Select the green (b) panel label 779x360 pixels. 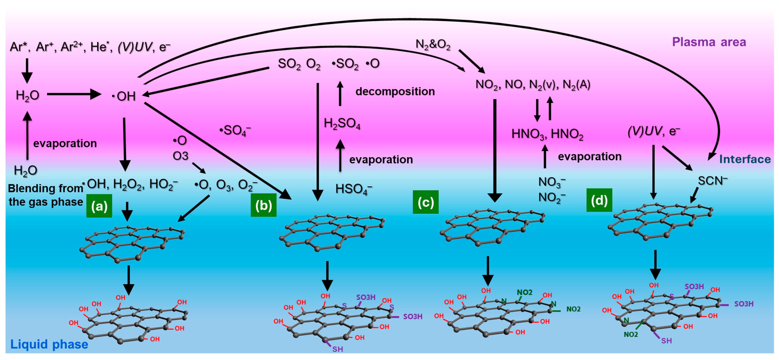(x=263, y=205)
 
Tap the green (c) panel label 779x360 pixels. (x=426, y=202)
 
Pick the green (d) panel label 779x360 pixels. (x=599, y=200)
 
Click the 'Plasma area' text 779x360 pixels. (x=709, y=42)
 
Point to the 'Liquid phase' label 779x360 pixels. (x=49, y=344)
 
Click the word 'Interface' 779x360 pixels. (x=744, y=159)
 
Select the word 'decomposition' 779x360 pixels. (x=395, y=91)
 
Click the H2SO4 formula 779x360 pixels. (x=342, y=123)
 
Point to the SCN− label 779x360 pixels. (x=712, y=181)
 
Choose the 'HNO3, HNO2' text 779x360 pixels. (x=547, y=134)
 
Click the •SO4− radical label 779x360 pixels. (x=235, y=131)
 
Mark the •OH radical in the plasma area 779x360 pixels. (x=124, y=96)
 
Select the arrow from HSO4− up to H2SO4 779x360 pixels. (x=340, y=156)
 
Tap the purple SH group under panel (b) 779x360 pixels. (x=337, y=349)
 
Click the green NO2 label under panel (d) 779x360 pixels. (x=631, y=334)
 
